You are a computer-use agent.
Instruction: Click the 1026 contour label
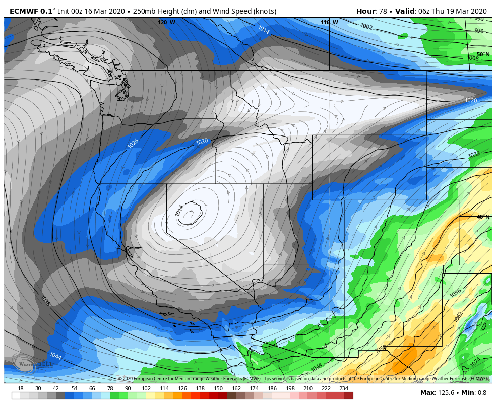133,144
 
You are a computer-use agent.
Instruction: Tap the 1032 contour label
474,155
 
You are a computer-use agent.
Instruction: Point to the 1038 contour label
45,301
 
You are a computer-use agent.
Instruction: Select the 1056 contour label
455,292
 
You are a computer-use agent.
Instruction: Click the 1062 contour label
458,317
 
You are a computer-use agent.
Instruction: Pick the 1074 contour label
475,362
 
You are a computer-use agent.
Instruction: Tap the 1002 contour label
366,27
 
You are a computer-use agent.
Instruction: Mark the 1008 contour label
472,58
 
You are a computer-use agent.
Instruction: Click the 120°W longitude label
166,22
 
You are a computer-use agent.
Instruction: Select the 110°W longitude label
329,22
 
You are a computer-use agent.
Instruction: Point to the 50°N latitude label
483,54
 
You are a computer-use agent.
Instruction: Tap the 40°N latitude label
483,217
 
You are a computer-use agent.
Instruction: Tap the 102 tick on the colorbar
146,388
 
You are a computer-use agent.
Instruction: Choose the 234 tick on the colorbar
344,388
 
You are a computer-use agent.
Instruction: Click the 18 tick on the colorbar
21,388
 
